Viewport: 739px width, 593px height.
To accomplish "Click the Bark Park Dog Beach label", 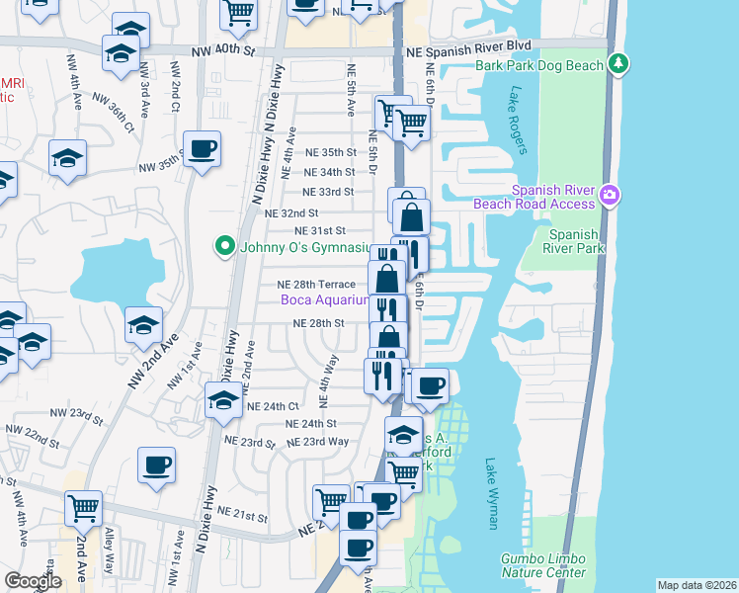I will pyautogui.click(x=539, y=65).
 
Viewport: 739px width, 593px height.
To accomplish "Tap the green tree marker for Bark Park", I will pyautogui.click(x=619, y=64).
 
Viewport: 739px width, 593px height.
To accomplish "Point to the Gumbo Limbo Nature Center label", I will pyautogui.click(x=542, y=565).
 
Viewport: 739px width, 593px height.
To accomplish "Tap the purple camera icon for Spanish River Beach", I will pyautogui.click(x=611, y=196).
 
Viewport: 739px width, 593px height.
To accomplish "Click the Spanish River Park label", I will pyautogui.click(x=573, y=242).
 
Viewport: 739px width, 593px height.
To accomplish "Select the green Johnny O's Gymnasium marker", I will pyautogui.click(x=224, y=245).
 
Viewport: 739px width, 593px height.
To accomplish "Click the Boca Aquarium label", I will pyautogui.click(x=325, y=299).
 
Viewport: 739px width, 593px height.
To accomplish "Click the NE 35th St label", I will pyautogui.click(x=330, y=152).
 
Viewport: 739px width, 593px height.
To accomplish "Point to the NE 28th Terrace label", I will pyautogui.click(x=316, y=284).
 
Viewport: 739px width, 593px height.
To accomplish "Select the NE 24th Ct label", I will pyautogui.click(x=273, y=406).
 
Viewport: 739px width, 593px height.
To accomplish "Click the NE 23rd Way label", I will pyautogui.click(x=318, y=442).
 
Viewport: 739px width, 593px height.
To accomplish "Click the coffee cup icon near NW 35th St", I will pyautogui.click(x=202, y=148).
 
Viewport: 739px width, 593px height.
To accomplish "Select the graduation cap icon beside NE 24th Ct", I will pyautogui.click(x=223, y=400).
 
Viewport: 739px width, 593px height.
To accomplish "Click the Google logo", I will pyautogui.click(x=33, y=581).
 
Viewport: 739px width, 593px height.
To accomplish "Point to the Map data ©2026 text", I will pyautogui.click(x=697, y=585).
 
